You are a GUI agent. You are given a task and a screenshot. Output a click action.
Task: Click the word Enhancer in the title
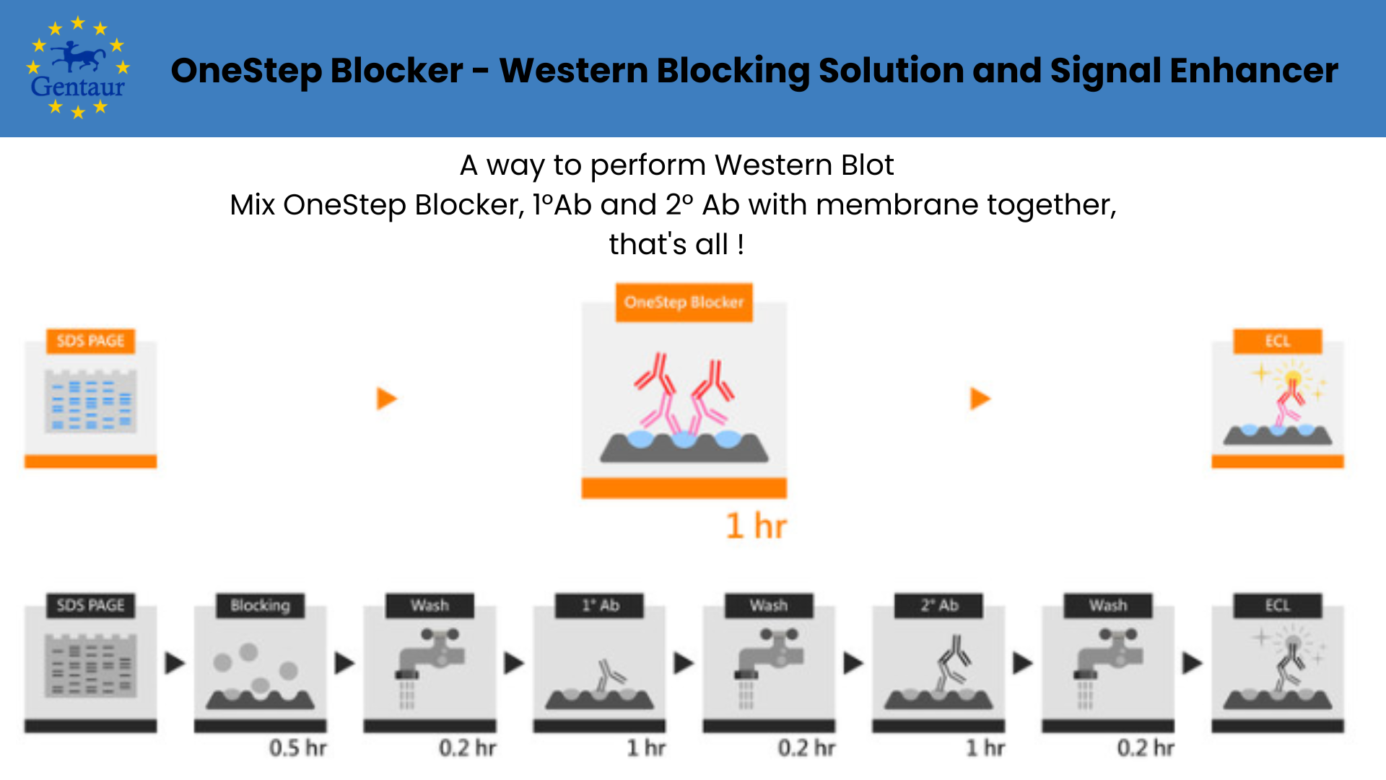point(1254,71)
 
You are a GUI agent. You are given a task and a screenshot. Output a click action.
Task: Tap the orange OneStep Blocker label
point(684,302)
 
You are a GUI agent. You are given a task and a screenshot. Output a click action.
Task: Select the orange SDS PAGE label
point(90,341)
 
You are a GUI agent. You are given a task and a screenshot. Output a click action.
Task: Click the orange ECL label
point(1277,341)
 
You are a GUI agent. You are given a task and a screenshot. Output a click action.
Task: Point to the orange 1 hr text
point(756,526)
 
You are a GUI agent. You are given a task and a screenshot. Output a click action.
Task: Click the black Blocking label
point(260,605)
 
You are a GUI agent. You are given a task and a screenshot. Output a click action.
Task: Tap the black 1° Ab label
point(600,605)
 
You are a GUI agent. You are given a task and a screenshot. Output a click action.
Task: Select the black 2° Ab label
point(938,605)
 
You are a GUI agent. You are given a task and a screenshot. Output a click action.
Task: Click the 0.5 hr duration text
point(297,747)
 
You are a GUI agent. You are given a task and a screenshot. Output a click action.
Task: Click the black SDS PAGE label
point(90,605)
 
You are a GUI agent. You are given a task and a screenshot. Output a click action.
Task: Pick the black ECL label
point(1277,605)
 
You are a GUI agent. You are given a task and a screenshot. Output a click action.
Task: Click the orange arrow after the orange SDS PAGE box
point(387,398)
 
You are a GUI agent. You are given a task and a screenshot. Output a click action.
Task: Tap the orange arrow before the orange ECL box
point(980,398)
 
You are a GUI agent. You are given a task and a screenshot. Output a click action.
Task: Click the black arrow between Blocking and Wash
point(344,663)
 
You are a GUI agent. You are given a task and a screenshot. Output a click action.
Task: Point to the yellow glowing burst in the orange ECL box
point(1293,377)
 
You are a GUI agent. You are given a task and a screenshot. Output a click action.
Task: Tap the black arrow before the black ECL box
point(1192,663)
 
